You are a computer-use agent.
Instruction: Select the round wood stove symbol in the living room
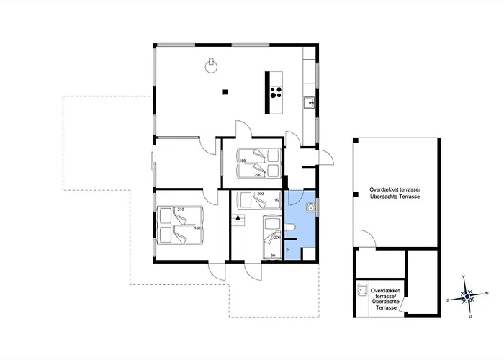(x=210, y=67)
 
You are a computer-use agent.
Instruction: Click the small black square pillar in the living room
(x=225, y=91)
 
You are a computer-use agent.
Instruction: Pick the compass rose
(x=467, y=295)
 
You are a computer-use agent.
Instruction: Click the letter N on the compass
(x=487, y=293)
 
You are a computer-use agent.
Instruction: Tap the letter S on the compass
(x=448, y=298)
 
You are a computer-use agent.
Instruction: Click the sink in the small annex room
(x=362, y=292)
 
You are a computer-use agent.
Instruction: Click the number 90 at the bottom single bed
(x=272, y=254)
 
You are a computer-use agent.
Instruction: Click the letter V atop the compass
(x=464, y=276)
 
